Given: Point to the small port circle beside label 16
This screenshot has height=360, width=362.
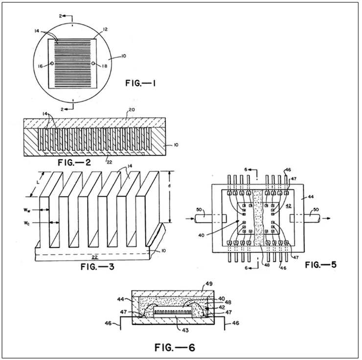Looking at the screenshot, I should pyautogui.click(x=51, y=64).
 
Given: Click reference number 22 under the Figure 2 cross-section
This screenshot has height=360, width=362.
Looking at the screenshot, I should pyautogui.click(x=109, y=158).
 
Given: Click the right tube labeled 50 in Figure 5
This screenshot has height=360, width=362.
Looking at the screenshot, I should pyautogui.click(x=309, y=216).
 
